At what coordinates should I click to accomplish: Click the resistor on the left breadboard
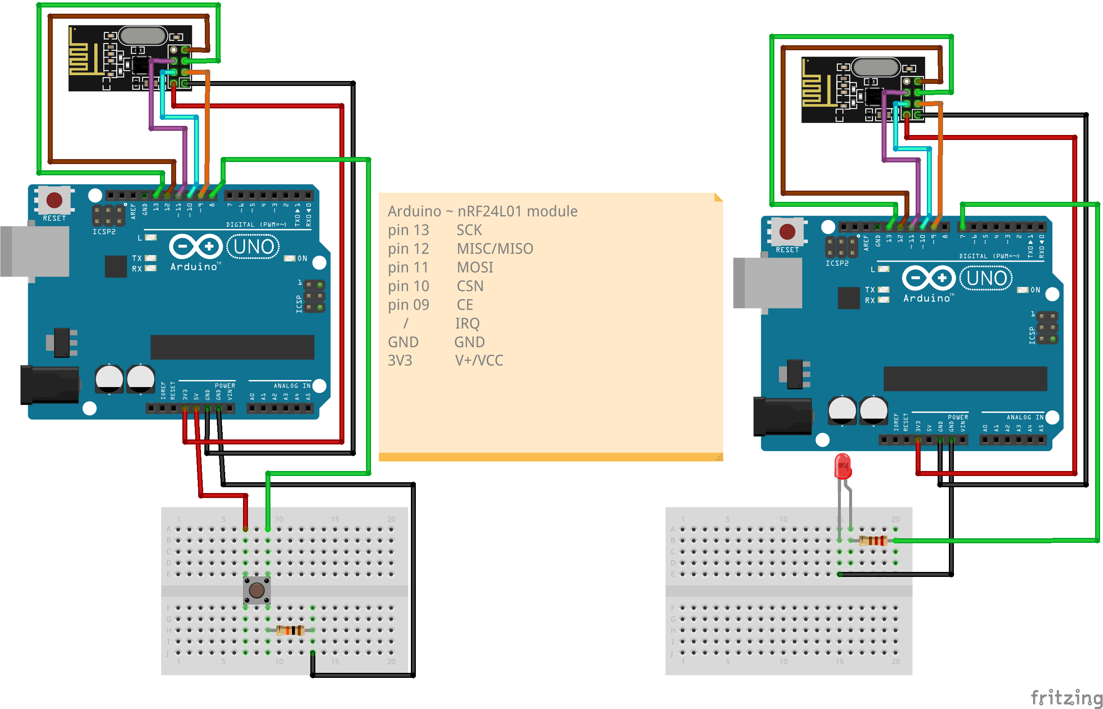290,630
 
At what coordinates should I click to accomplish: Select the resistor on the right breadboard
872,540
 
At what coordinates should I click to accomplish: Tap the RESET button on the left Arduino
54,200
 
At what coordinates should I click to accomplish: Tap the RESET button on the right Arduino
787,232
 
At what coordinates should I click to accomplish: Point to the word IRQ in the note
467,324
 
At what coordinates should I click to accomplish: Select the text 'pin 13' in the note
408,230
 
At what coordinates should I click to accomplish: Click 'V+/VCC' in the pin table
479,361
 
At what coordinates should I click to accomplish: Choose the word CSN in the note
469,286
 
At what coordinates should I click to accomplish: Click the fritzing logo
1066,697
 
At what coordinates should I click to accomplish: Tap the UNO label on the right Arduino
986,278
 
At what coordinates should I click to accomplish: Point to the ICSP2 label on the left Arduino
104,232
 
